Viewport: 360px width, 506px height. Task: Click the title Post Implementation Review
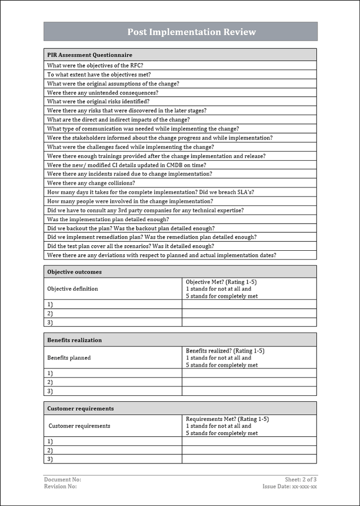pos(191,32)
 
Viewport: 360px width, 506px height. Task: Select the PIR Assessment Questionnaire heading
pos(89,55)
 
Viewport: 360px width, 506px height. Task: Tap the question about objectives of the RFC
pos(98,65)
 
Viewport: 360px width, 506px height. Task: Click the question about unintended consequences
pos(102,93)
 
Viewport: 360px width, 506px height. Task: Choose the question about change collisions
pos(91,183)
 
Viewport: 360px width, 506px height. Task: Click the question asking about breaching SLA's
pos(154,192)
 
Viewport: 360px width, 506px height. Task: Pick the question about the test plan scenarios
pos(130,246)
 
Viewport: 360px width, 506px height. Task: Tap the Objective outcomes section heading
pos(74,272)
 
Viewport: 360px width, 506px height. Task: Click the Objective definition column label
pos(72,289)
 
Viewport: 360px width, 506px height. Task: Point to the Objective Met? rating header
pos(221,282)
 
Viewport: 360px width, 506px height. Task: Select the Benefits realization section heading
pos(74,340)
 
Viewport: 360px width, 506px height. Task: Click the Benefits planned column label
pos(69,358)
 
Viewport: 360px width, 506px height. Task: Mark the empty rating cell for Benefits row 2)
pos(249,382)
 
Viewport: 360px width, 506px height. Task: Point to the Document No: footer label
pos(62,479)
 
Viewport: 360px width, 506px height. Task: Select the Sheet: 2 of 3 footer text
pos(301,479)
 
